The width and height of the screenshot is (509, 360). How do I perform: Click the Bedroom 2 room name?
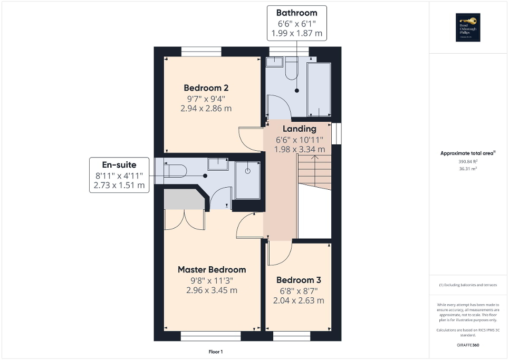pos(206,87)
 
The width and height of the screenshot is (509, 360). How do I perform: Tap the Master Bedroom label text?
pos(212,269)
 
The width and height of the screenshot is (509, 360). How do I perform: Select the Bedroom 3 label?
pos(299,280)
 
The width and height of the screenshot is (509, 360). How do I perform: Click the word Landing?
pos(299,129)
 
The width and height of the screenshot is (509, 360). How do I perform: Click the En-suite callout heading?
pos(119,165)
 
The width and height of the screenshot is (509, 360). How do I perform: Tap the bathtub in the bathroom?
pos(319,90)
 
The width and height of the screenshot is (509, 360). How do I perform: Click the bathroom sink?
pos(274,62)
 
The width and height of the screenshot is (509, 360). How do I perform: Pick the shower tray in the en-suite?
pos(247,179)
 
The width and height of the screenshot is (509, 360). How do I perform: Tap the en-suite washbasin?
pos(217,163)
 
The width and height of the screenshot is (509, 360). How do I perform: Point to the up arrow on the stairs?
pos(314,170)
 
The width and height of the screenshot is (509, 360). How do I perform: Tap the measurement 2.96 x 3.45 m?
pos(212,290)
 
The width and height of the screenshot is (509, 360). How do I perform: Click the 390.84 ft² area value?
pos(467,162)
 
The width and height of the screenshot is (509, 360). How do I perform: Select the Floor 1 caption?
pos(216,352)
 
